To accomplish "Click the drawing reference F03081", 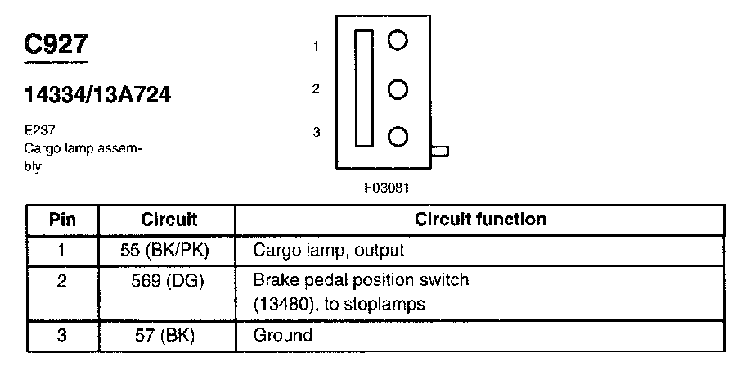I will (x=387, y=187).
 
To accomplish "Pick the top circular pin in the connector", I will (x=398, y=41).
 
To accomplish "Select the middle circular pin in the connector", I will (x=398, y=88).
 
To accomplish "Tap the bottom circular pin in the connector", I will (x=398, y=136).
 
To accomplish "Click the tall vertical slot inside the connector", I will (x=364, y=88).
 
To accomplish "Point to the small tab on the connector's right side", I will (x=439, y=151).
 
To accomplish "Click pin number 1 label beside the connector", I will (x=316, y=47).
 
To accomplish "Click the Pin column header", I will (x=62, y=220).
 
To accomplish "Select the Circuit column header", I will (x=169, y=220).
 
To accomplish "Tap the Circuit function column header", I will (x=480, y=220).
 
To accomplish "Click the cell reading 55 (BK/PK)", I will (x=167, y=249).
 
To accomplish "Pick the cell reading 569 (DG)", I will (x=167, y=280).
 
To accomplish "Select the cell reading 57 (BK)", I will (x=167, y=334).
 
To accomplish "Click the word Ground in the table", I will (x=283, y=334).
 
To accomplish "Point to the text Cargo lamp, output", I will (x=329, y=249).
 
